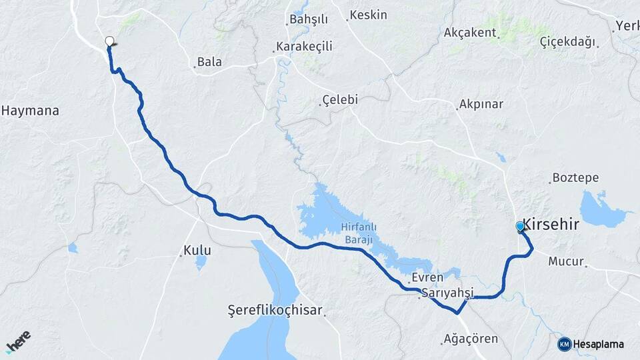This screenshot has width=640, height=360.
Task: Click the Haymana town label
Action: (30, 111)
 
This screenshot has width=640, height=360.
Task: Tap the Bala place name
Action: (209, 62)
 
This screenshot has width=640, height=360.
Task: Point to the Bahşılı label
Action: (309, 19)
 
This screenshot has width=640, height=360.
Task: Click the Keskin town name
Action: (368, 15)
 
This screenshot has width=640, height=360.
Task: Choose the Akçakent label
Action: (470, 32)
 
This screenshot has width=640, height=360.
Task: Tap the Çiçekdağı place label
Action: (567, 42)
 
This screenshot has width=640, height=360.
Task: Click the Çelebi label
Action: (340, 99)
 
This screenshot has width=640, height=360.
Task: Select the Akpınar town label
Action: (481, 105)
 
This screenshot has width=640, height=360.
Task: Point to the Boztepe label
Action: (575, 178)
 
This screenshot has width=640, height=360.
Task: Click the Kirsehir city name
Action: (551, 225)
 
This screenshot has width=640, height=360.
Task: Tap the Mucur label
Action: (565, 261)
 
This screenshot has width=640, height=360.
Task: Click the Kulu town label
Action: (198, 251)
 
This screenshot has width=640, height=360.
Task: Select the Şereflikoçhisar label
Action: (275, 311)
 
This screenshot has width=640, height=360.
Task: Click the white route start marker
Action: (109, 41)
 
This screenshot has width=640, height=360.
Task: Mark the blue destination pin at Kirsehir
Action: (520, 227)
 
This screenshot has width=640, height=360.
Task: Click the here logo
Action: (18, 342)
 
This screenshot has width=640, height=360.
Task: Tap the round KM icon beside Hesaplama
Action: (564, 344)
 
